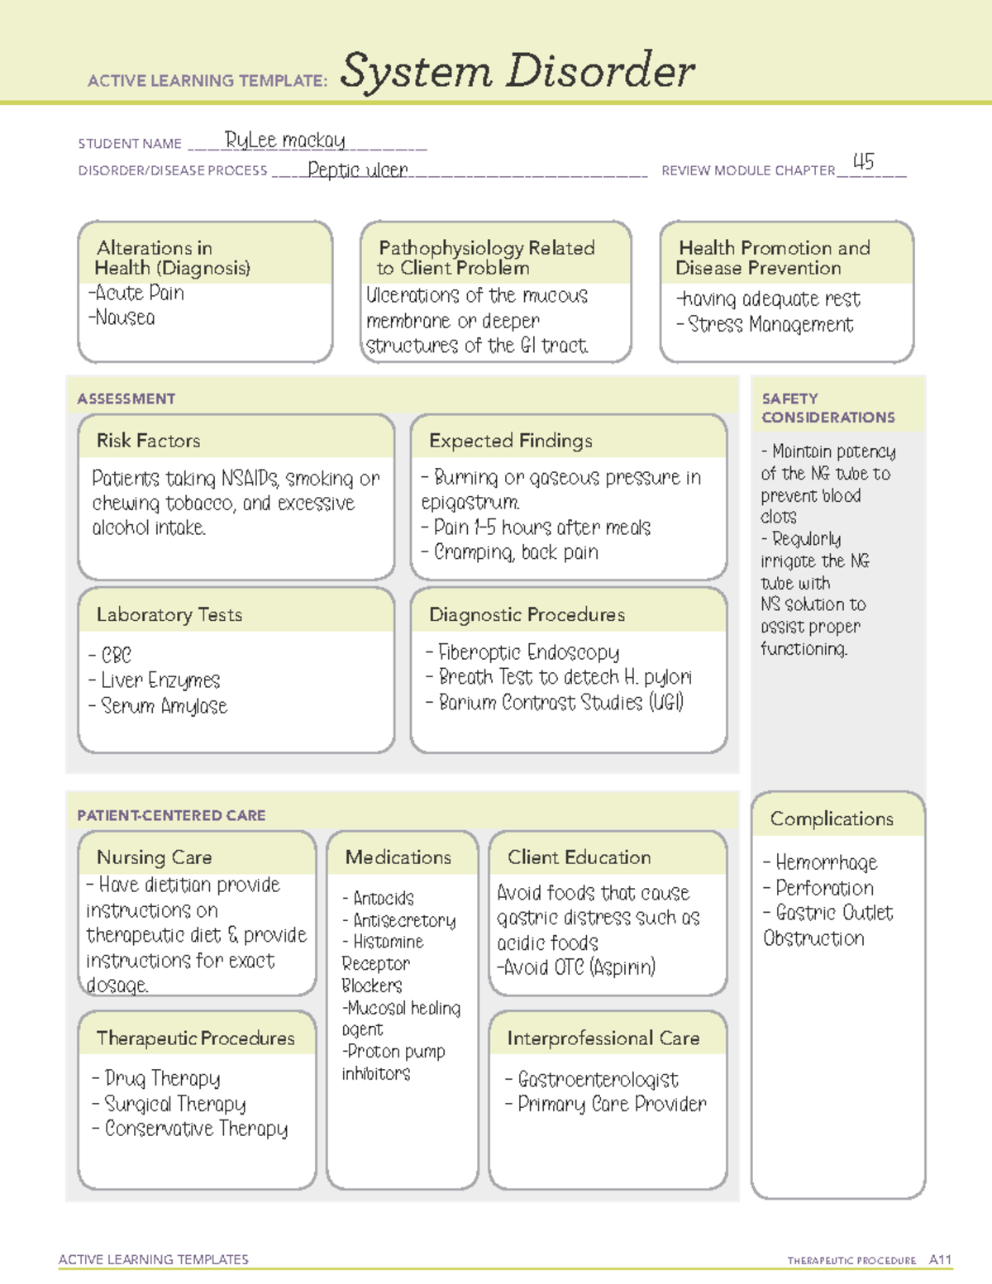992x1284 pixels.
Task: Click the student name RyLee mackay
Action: [x=285, y=141]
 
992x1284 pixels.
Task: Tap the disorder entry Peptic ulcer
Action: [x=358, y=170]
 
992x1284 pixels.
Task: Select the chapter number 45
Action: [x=863, y=162]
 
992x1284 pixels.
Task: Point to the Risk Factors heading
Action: [x=149, y=441]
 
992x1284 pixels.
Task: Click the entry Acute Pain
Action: [x=136, y=293]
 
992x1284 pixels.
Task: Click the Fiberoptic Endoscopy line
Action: [x=527, y=652]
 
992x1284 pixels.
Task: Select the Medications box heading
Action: [x=398, y=857]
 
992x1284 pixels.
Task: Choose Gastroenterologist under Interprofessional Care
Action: [x=597, y=1080]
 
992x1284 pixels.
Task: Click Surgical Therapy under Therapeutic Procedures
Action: [x=174, y=1104]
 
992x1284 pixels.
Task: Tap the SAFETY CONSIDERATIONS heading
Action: [x=827, y=408]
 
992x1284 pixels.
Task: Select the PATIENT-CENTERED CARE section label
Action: [x=171, y=815]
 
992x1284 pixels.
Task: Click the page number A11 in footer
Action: [x=940, y=1260]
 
